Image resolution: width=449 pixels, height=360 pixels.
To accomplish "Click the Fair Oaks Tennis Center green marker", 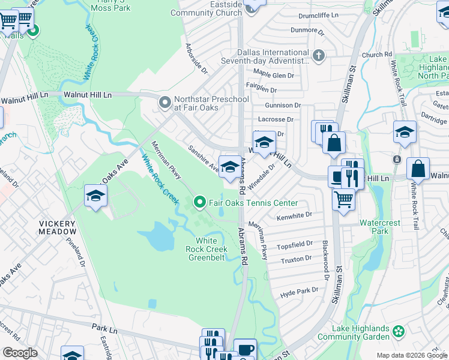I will [200, 203].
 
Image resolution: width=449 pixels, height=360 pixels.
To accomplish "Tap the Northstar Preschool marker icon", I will [164, 103].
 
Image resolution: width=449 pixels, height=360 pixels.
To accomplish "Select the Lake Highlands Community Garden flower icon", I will [399, 331].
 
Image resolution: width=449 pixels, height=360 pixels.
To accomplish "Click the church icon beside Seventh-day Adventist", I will [318, 56].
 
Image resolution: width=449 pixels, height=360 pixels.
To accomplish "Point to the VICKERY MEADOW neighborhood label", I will [58, 227].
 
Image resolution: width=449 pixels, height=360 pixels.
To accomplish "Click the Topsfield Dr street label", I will [294, 245].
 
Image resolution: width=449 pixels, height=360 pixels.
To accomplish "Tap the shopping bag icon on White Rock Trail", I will [418, 169].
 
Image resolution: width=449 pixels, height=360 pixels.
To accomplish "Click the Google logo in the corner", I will [20, 353].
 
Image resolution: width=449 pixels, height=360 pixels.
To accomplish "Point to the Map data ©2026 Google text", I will [411, 355].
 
